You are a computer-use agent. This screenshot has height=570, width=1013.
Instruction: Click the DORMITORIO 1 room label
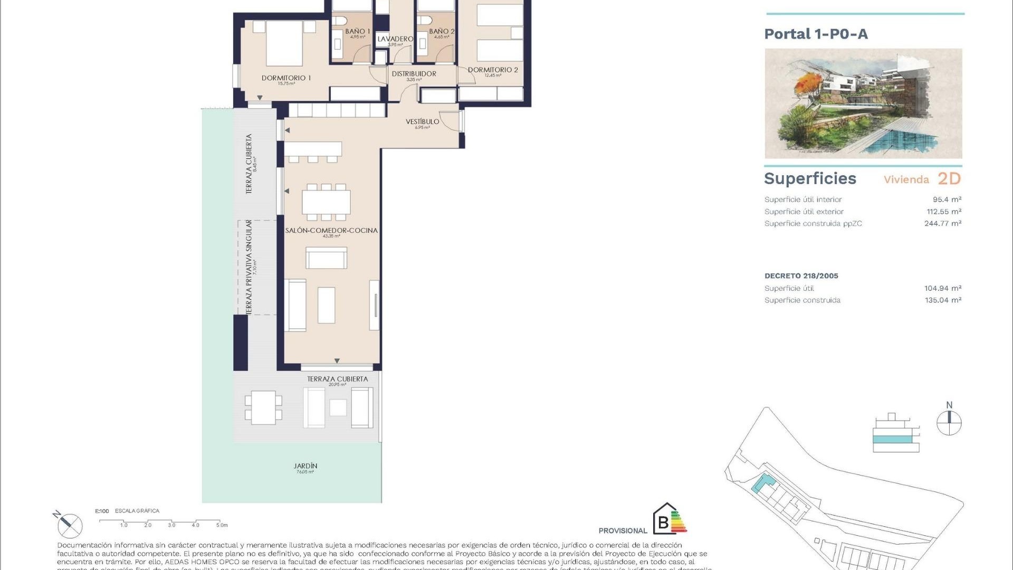coord(286,78)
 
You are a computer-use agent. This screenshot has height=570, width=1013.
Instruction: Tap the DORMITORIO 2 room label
coord(493,70)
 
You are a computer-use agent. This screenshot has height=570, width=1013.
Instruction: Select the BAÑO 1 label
coord(357,32)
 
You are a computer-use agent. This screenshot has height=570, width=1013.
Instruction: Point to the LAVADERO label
coord(395,39)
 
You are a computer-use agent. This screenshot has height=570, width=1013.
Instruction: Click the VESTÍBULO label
coord(422,122)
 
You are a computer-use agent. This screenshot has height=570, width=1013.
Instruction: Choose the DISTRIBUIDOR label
coord(414,74)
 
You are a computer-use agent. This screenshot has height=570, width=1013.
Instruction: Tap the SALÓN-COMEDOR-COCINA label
coord(331,231)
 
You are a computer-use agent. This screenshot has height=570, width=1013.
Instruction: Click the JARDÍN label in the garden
coord(305,466)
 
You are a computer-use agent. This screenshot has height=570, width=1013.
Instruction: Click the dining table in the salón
coord(326,202)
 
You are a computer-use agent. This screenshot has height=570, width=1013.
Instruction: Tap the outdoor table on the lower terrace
coord(263,407)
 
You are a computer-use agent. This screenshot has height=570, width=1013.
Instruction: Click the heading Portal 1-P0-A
coord(816,34)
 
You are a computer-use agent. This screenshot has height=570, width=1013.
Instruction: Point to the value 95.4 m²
coord(947,199)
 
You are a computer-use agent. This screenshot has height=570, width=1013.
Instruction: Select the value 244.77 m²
coord(942,223)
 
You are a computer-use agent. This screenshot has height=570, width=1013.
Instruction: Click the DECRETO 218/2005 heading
coord(801,275)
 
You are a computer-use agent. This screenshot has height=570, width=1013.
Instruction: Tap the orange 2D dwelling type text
coord(949,179)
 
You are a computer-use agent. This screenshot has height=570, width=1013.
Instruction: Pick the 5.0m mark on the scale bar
coord(222,525)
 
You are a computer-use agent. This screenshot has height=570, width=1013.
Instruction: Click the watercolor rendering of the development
coord(863,103)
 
